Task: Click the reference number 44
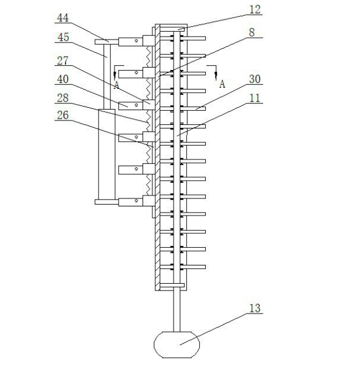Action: point(63,18)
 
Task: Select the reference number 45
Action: point(63,37)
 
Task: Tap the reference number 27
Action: point(63,61)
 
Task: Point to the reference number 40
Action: point(63,79)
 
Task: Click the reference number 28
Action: point(63,98)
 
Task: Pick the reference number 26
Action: point(63,115)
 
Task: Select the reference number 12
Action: point(255,10)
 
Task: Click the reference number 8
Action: point(252,32)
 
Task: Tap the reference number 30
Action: point(255,79)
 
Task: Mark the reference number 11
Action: point(255,98)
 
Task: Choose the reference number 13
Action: point(255,308)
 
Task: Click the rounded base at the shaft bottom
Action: point(177,345)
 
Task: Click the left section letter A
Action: point(116,85)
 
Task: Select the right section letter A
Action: point(222,84)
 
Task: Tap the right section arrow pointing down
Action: point(216,73)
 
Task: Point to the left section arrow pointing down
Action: point(115,72)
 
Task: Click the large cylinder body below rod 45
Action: point(107,154)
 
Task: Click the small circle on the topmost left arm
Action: point(136,41)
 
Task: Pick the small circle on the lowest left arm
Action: point(136,200)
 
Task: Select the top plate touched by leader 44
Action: point(107,42)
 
